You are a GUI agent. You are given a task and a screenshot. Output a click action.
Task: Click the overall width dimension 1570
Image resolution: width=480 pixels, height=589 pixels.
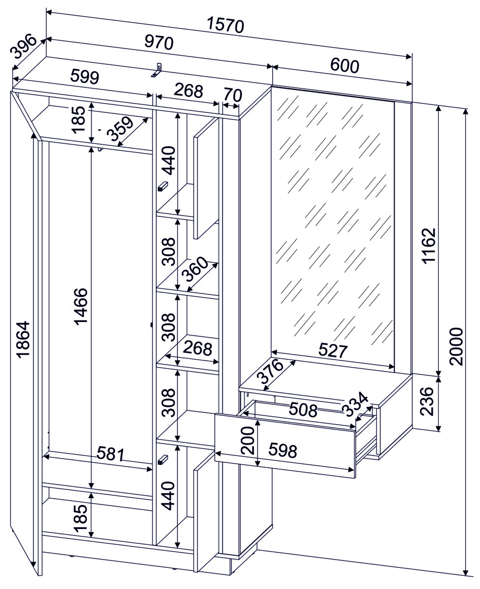(226, 25)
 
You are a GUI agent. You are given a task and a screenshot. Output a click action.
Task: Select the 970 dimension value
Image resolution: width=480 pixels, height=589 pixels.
(159, 43)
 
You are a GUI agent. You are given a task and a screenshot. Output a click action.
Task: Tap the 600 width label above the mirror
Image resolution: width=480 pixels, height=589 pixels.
(344, 66)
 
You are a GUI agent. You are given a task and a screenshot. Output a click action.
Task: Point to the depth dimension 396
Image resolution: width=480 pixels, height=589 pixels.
(23, 46)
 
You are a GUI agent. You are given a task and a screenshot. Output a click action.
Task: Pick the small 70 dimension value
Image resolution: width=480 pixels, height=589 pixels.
(233, 95)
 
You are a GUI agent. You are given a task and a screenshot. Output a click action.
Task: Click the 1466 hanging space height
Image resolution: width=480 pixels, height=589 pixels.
(81, 307)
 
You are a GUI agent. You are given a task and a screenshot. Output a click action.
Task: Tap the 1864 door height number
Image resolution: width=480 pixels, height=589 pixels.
(23, 340)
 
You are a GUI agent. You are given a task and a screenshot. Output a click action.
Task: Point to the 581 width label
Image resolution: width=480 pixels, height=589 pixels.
(111, 460)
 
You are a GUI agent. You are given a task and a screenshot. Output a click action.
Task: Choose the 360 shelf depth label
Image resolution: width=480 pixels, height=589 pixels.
(195, 269)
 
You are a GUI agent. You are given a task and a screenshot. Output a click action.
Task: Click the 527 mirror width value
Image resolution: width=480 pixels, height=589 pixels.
(333, 350)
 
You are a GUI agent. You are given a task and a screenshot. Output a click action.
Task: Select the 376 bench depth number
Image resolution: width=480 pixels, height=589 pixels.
(270, 372)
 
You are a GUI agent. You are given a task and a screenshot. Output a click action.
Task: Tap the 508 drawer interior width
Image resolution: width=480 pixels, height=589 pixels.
(303, 410)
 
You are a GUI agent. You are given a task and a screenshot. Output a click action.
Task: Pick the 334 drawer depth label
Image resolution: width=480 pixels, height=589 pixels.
(355, 404)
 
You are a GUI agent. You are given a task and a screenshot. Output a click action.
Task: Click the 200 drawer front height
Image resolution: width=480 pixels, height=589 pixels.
(247, 440)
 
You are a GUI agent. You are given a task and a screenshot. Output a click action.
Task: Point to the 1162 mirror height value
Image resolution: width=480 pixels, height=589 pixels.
(429, 246)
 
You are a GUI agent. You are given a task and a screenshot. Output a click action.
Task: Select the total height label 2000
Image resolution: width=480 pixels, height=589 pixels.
(456, 347)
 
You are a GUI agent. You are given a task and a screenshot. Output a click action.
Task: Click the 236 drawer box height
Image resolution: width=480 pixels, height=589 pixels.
(426, 402)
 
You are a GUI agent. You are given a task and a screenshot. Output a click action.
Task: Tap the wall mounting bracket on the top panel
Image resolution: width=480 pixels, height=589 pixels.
(157, 70)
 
